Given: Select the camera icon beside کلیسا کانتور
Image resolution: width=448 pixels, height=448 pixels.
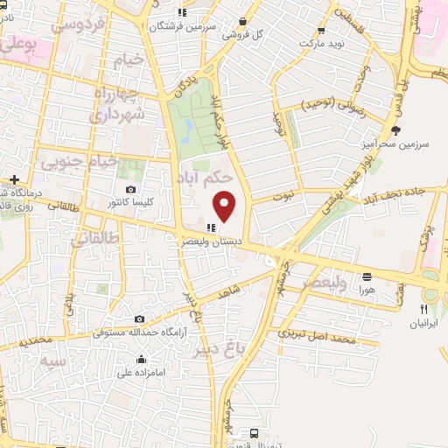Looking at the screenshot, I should point(131,189).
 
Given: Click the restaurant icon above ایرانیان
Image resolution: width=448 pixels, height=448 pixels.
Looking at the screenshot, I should point(423,309).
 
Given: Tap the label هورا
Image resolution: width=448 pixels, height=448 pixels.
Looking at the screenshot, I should point(367,289).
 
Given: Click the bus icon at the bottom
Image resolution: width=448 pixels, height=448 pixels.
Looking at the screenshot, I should point(254,432).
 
